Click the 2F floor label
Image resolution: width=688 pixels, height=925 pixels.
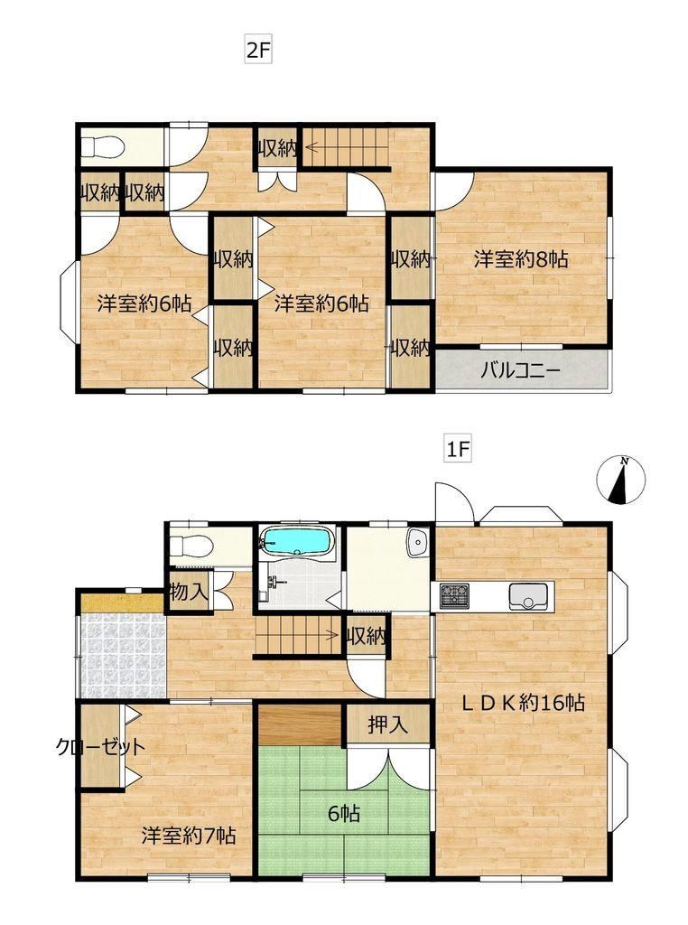(x=257, y=50)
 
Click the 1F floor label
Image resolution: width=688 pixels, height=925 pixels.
(x=458, y=450)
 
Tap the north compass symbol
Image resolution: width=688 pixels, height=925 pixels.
(x=620, y=480)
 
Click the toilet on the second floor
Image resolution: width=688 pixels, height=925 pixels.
(x=101, y=146)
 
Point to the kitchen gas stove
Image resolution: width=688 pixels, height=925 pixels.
(x=453, y=594)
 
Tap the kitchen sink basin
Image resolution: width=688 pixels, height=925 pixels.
(x=530, y=596)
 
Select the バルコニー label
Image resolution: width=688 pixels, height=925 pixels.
(x=520, y=371)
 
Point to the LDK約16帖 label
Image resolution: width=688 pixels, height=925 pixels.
(x=523, y=702)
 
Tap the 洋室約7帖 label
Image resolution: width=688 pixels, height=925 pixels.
(x=189, y=836)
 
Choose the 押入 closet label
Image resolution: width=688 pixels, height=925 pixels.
(x=388, y=724)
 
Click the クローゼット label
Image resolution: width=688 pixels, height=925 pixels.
(x=100, y=747)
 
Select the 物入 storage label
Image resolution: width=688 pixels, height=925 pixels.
(x=189, y=592)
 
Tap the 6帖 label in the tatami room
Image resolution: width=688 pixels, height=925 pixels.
(x=344, y=814)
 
